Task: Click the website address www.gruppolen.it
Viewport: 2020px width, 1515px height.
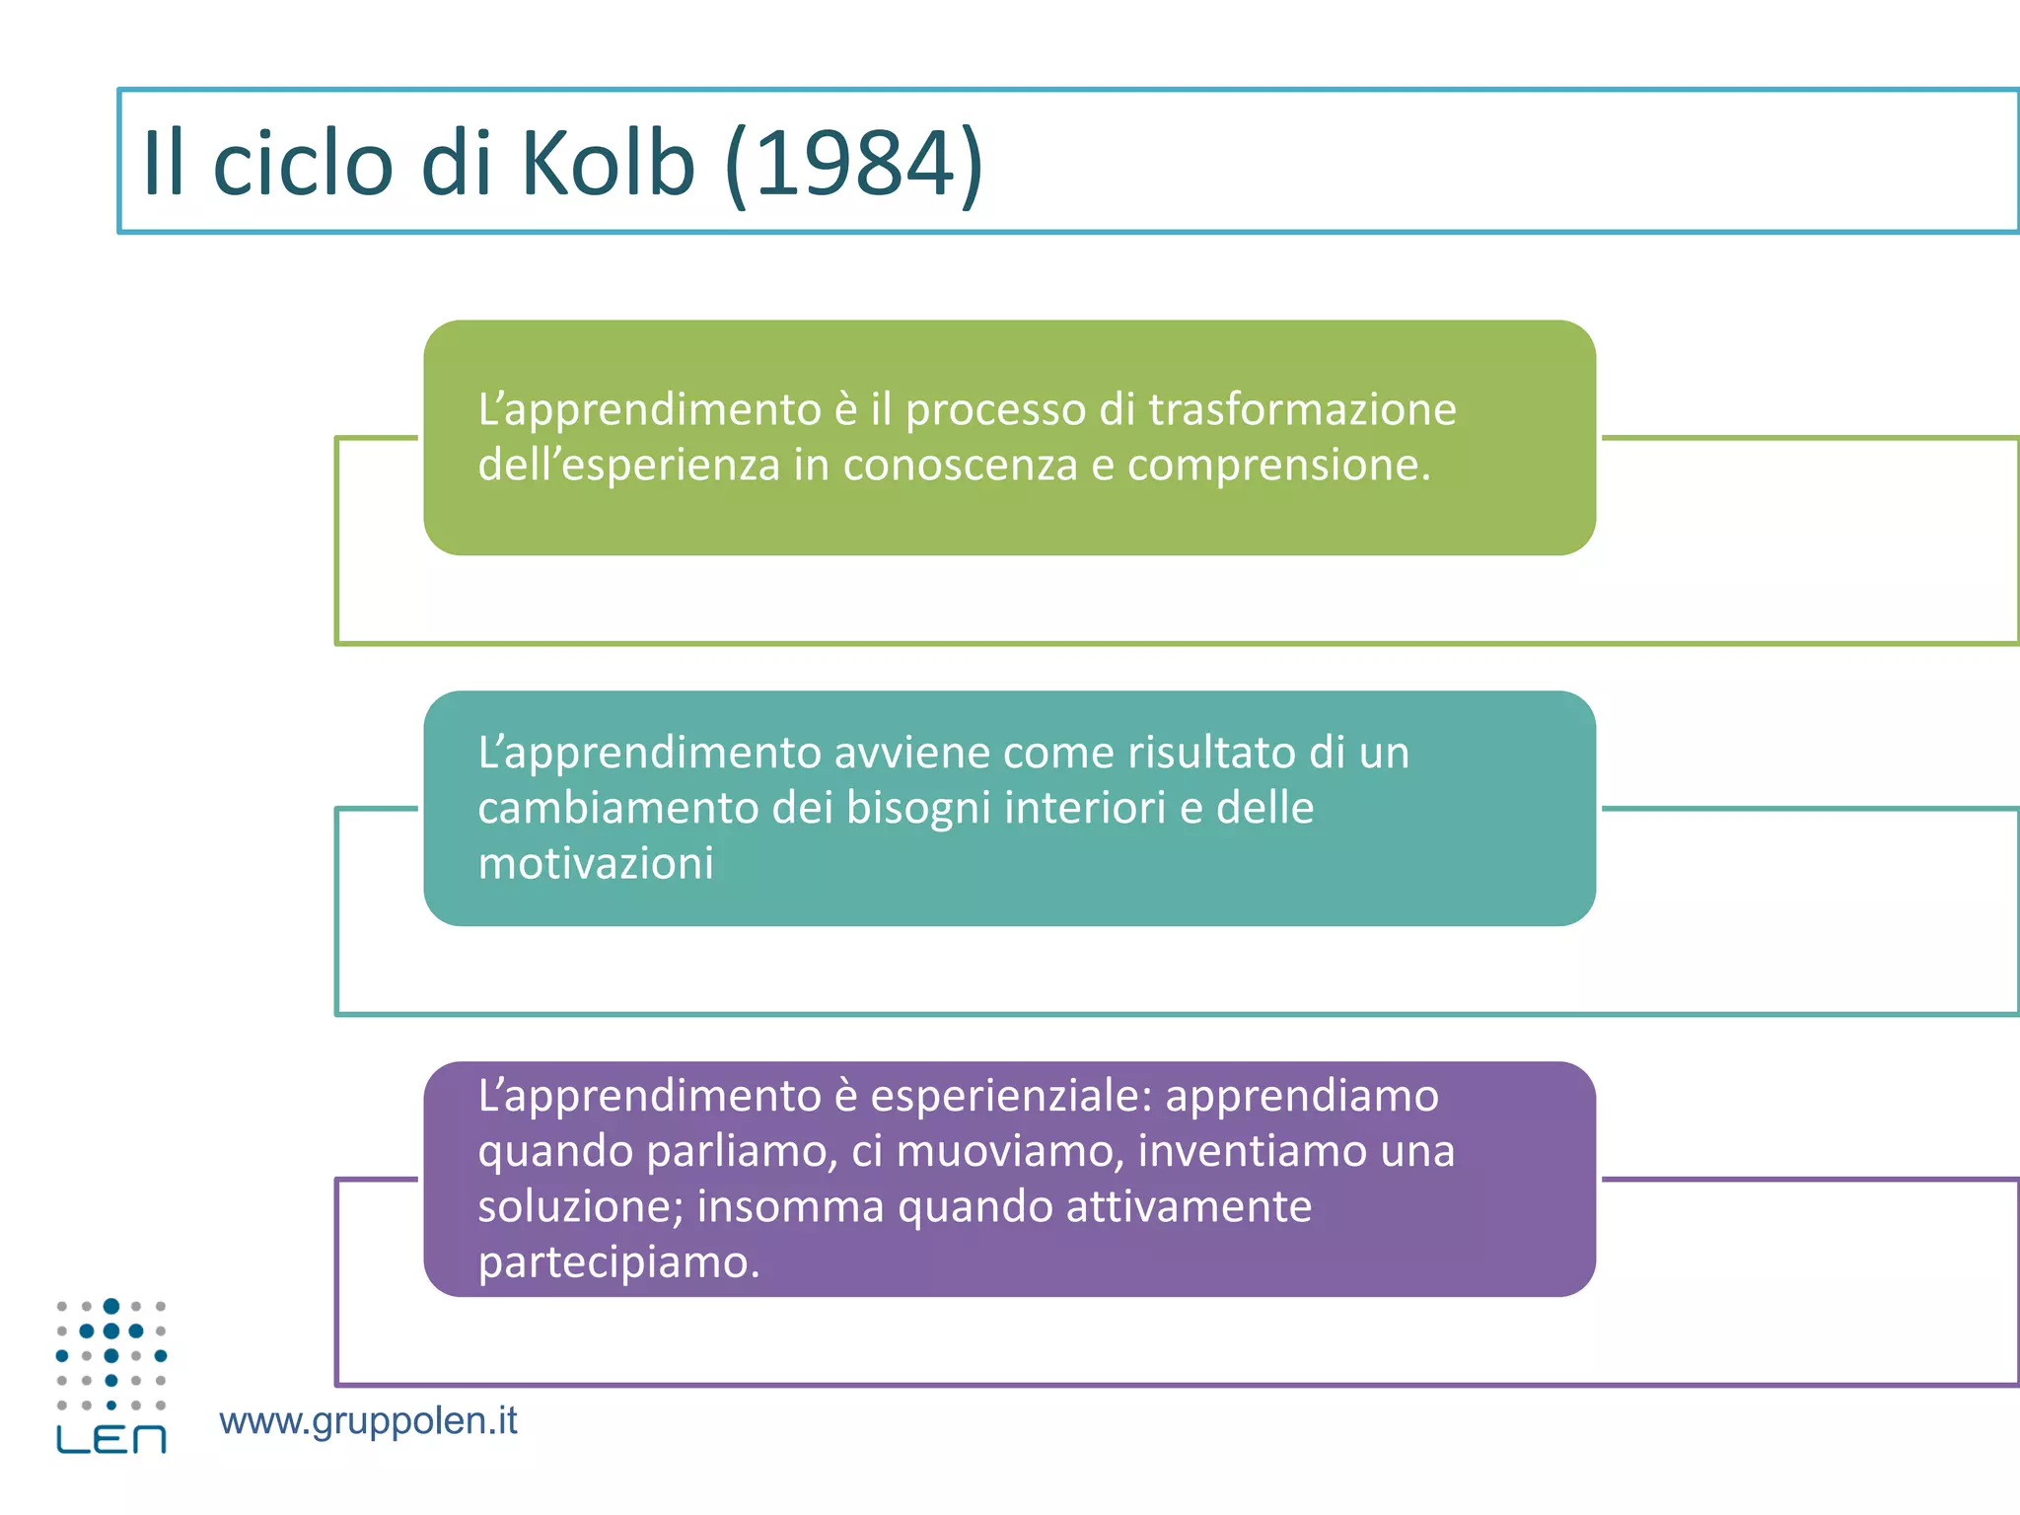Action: pyautogui.click(x=368, y=1421)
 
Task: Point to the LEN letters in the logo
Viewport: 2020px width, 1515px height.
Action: pyautogui.click(x=111, y=1439)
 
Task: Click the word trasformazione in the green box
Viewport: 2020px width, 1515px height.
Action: pyautogui.click(x=1302, y=409)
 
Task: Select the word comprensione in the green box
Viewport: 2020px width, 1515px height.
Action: pyautogui.click(x=1278, y=466)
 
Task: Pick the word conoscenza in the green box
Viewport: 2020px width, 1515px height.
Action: pyautogui.click(x=960, y=466)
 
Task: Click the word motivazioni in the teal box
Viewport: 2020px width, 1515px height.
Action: pyautogui.click(x=596, y=864)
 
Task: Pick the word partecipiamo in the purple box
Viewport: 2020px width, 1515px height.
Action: pyautogui.click(x=618, y=1262)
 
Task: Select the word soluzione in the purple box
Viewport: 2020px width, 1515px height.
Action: pyautogui.click(x=580, y=1206)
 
